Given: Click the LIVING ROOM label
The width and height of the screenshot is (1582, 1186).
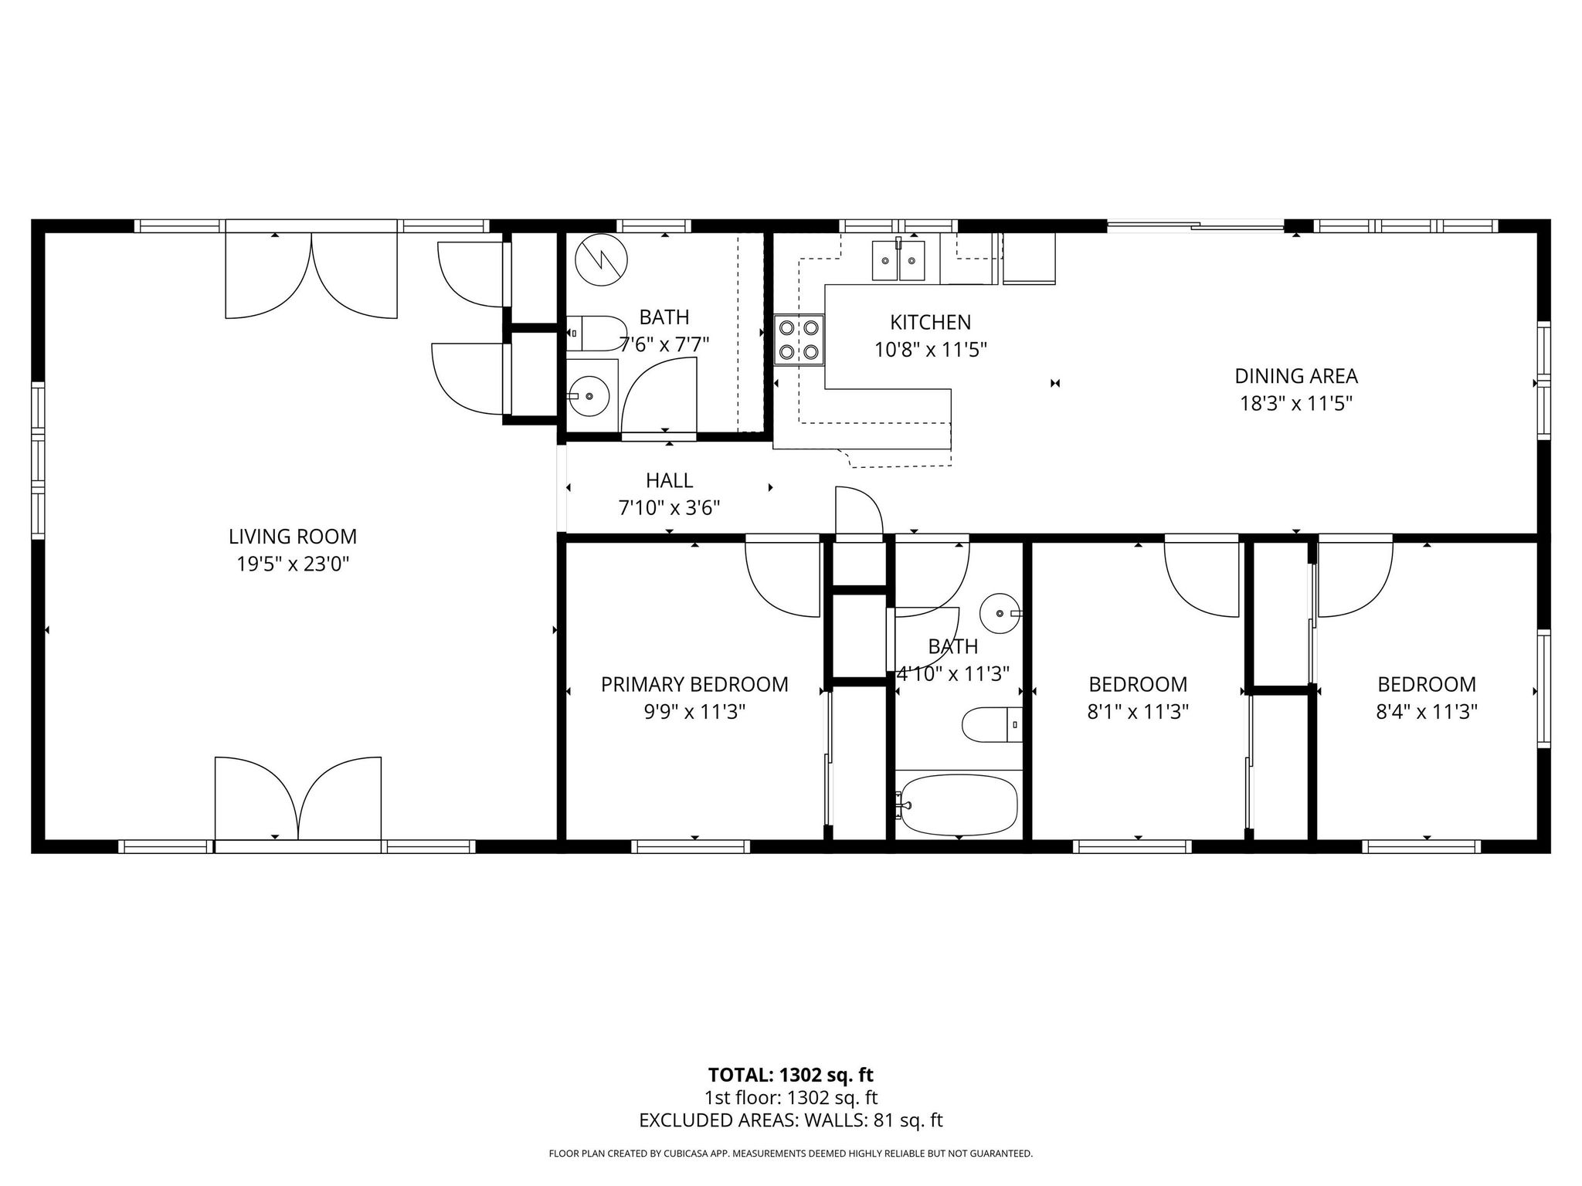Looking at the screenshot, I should pos(292,537).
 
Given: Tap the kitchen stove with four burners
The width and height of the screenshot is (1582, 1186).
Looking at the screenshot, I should pos(799,341).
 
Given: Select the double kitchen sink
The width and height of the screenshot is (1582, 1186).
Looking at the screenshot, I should pos(898,261).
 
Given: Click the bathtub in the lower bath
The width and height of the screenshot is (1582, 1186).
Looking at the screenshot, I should pos(959,805).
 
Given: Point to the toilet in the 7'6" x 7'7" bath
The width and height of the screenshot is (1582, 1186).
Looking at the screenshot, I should pos(597,333).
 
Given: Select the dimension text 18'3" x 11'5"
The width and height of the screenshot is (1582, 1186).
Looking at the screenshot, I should pos(1295,404).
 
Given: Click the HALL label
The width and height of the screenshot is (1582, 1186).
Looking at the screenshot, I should pos(669,481).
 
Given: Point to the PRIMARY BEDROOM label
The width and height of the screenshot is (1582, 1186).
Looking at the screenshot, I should pos(694,685).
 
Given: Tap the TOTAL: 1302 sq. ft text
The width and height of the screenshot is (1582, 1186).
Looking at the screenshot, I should pos(790,1075).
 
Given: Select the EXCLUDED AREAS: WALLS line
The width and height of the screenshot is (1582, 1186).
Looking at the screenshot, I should pos(790,1120).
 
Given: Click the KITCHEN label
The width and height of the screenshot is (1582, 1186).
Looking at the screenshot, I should pos(930,322).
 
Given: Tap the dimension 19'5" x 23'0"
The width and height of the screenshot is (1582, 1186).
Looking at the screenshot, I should pos(292,564).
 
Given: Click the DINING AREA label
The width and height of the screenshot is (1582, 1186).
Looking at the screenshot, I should pos(1295,376).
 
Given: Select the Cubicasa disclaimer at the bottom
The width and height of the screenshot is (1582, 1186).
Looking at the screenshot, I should pos(790,1154).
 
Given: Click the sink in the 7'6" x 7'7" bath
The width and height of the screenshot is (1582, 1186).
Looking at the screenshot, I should pos(591,395).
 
